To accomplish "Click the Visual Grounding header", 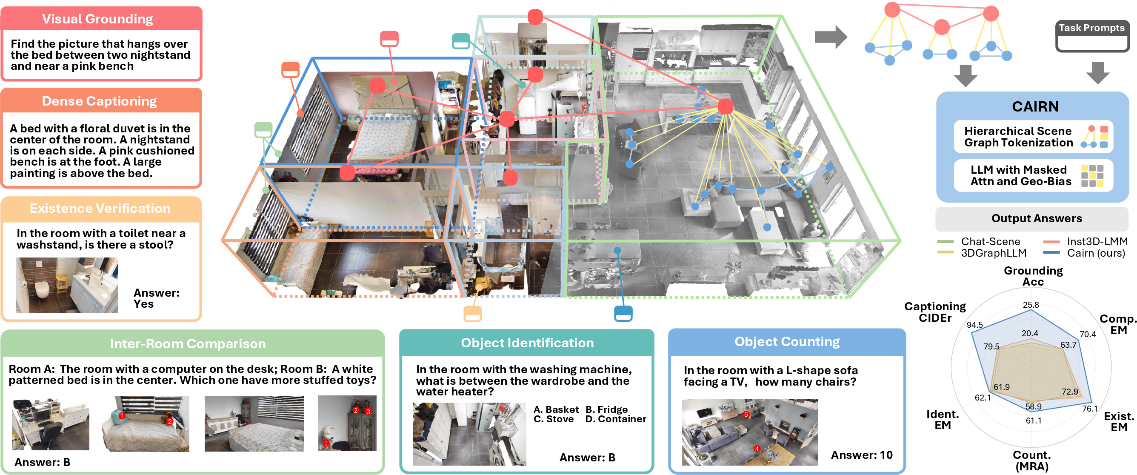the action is tap(97, 19).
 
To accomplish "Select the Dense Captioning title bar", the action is tap(99, 101).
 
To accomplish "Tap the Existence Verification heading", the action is tap(100, 209).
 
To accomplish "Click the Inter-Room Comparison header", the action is tap(188, 343).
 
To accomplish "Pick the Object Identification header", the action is tap(528, 343).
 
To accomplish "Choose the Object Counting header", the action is tap(787, 342).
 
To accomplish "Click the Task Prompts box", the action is tap(1092, 36).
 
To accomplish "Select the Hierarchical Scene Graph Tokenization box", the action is tap(1033, 137).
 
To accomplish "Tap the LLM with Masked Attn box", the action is tap(1033, 176).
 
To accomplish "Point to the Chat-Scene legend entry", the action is tap(979, 241).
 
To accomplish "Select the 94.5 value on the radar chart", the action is tap(974, 325).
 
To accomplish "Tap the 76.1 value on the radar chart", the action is tap(1090, 409).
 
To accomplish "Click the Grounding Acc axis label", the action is tap(1033, 276).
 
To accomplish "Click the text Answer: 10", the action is tap(862, 455).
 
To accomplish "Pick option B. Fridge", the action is tap(606, 409).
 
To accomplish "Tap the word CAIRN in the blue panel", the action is tap(1035, 106).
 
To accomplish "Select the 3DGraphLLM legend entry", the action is tap(982, 253).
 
